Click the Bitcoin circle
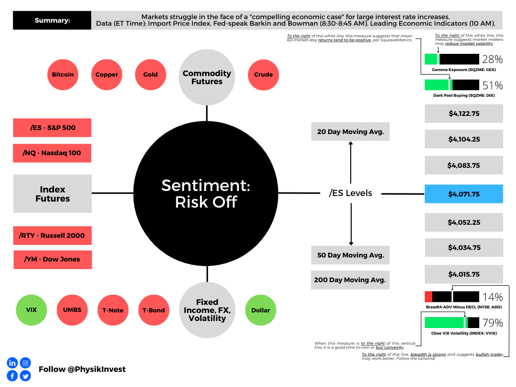point(63,75)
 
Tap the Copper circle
point(107,75)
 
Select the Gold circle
point(150,75)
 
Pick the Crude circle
point(264,75)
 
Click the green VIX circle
point(31,310)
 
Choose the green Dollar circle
point(261,310)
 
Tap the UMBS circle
point(72,310)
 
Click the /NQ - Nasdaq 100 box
point(52,153)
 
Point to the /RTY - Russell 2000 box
point(52,235)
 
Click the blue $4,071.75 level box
point(464,194)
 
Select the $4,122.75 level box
point(464,114)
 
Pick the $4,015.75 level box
point(464,275)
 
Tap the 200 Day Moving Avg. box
point(350,280)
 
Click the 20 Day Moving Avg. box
point(350,132)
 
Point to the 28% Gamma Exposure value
point(492,59)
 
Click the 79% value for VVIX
point(492,322)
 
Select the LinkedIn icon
point(12,363)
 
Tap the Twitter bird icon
point(25,375)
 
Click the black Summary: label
point(52,21)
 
